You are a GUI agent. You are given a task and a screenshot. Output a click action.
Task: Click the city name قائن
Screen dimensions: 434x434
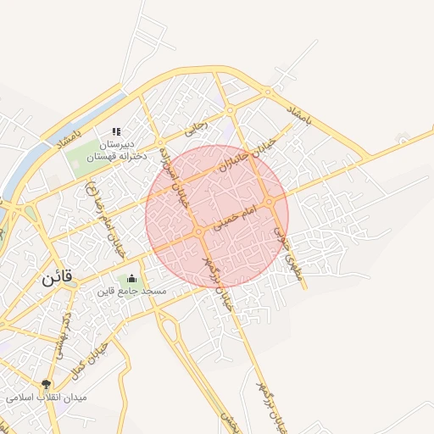click(57, 276)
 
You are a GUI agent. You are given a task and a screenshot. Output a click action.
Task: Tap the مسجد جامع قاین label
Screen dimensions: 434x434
click(131, 292)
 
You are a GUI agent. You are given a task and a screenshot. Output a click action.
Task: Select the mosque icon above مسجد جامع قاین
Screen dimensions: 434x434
click(131, 279)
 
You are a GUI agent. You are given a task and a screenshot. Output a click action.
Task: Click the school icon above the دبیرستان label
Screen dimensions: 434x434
click(116, 131)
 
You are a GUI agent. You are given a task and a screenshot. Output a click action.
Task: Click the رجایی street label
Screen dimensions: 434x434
click(196, 130)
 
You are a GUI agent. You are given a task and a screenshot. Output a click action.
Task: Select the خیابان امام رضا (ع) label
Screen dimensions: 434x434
click(108, 222)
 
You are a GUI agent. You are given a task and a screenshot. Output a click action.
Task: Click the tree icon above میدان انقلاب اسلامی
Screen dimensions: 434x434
click(46, 384)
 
